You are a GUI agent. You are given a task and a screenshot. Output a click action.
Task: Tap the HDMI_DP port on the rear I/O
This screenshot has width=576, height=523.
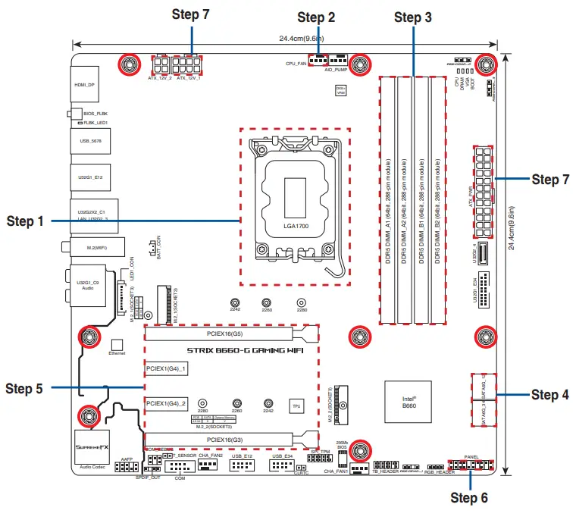tap(84, 86)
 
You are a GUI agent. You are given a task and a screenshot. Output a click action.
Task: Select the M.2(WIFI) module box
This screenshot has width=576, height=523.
tap(84, 246)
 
